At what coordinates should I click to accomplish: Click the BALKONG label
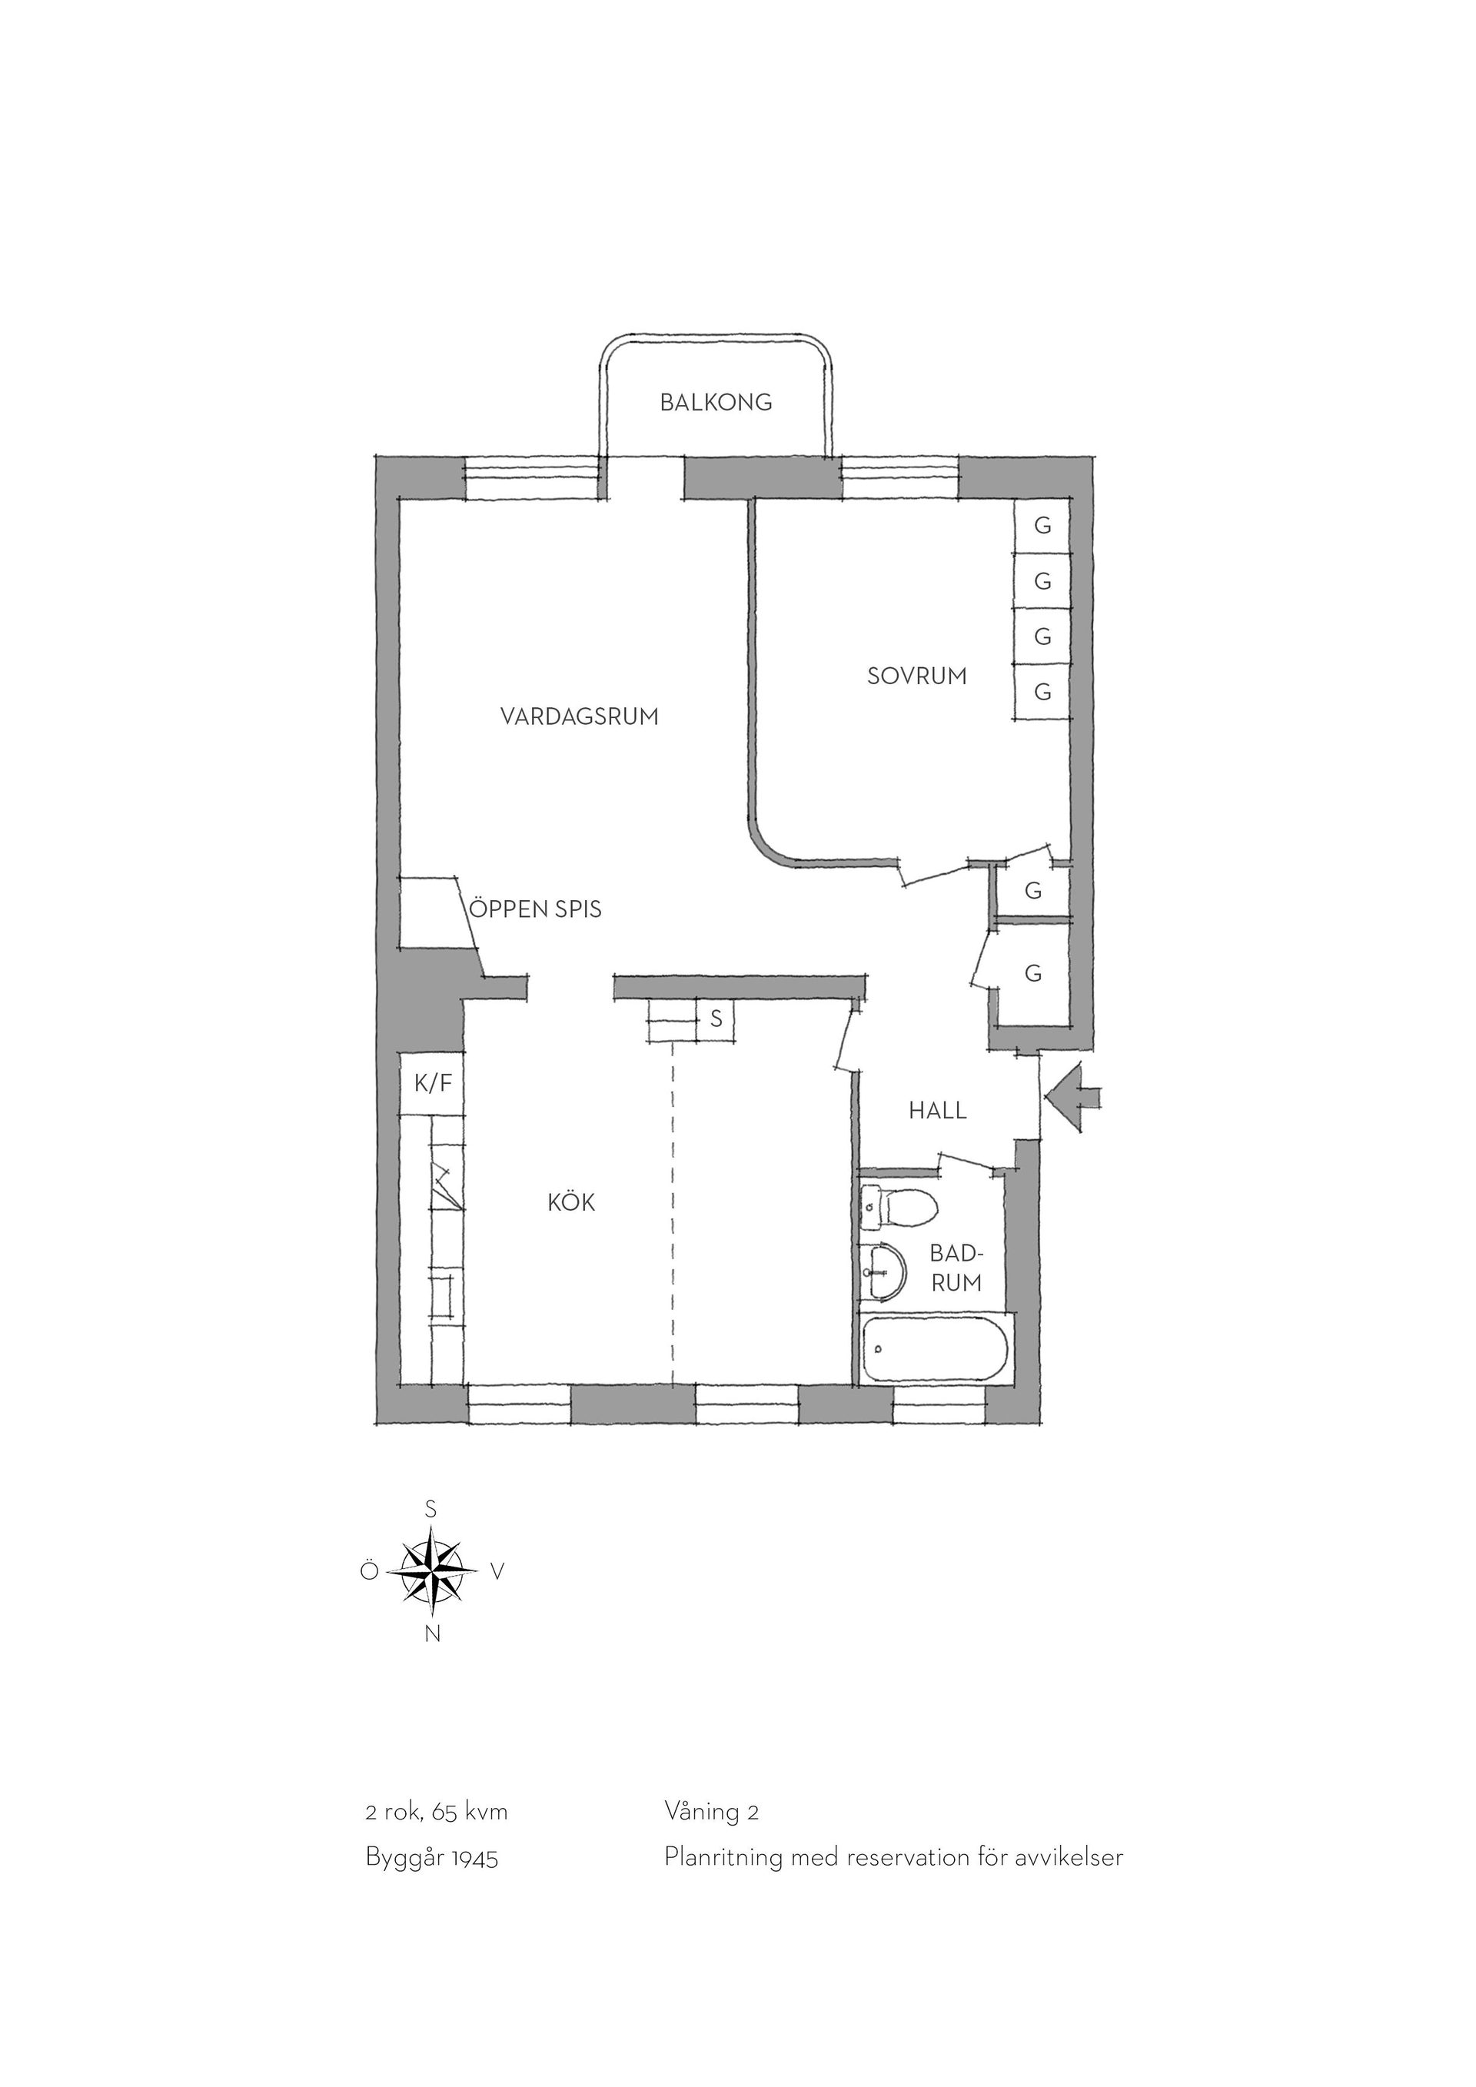[716, 402]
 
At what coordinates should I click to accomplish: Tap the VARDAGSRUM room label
[579, 717]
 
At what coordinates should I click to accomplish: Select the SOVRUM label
[917, 676]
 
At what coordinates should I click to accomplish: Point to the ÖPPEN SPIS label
[535, 909]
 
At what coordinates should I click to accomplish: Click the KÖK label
[570, 1201]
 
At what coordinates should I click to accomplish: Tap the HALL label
[938, 1110]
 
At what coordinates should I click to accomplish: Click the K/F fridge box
[433, 1084]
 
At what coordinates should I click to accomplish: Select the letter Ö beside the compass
[369, 1570]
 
